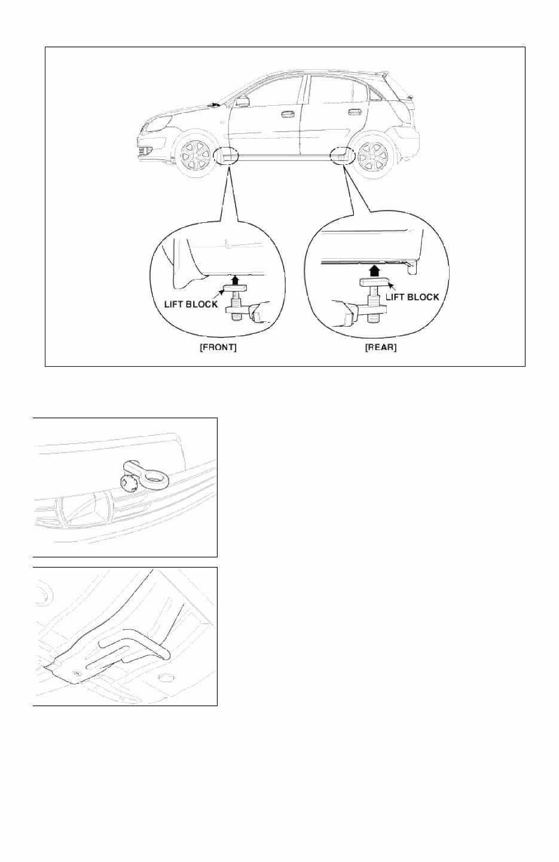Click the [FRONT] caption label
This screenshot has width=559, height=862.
click(218, 348)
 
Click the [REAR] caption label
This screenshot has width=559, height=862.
click(380, 348)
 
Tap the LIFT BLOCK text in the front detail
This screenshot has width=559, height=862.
click(191, 304)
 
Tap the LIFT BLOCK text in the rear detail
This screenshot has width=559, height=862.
click(413, 296)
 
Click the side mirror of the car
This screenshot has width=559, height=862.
click(242, 102)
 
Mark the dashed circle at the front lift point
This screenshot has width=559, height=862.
click(226, 157)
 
